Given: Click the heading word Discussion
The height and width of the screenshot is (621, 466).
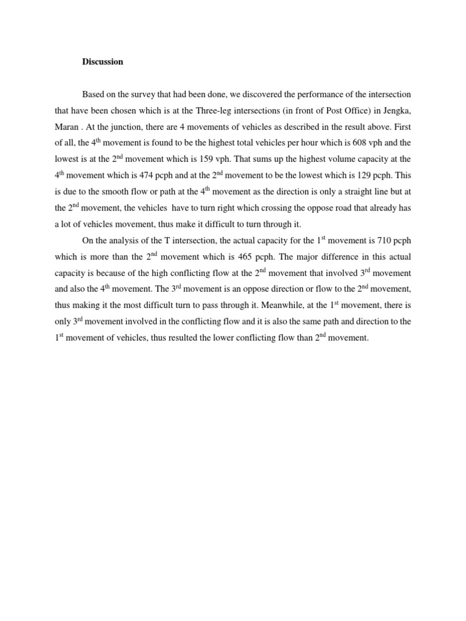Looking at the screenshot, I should (103, 62).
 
